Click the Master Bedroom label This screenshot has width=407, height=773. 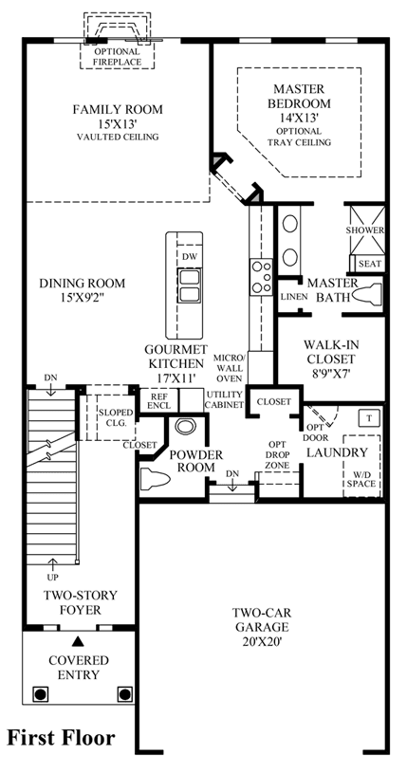click(x=299, y=97)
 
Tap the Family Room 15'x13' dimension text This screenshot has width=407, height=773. click(x=118, y=123)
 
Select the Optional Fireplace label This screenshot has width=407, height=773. click(x=118, y=57)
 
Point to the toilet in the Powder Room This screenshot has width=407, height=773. click(x=155, y=479)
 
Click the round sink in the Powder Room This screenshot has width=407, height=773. click(x=185, y=426)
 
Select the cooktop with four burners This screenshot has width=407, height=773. click(x=262, y=277)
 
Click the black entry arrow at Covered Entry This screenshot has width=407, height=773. click(x=78, y=641)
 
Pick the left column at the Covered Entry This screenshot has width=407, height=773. click(x=41, y=694)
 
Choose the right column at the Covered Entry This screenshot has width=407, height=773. click(x=125, y=694)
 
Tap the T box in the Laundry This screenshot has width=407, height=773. click(x=370, y=417)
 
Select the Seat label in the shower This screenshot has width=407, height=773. click(x=369, y=265)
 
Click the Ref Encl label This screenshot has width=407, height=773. click(x=158, y=401)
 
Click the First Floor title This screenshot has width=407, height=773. click(x=61, y=738)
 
